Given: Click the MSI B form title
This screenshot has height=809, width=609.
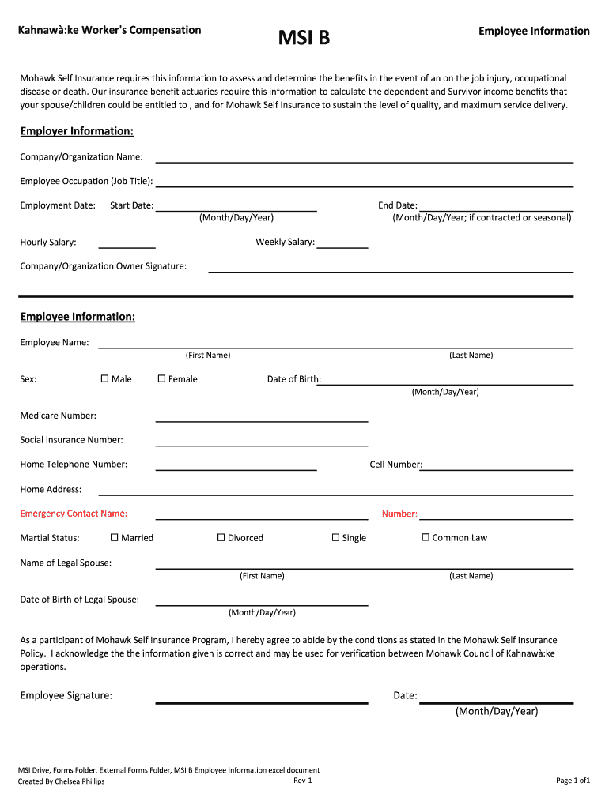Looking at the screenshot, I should pos(304,36).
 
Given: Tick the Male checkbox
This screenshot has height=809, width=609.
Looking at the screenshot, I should pos(105,378).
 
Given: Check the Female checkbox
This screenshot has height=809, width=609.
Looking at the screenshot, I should pos(162,378).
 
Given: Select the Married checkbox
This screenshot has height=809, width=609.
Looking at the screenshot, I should pos(115,537).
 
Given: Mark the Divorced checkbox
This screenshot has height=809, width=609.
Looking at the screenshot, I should pos(221,537).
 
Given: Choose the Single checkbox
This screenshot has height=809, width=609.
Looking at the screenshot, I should pos(336,537).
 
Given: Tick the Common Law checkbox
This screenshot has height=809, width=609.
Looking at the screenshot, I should pos(426,537).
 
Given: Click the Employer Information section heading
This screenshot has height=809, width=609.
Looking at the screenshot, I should pos(77,130).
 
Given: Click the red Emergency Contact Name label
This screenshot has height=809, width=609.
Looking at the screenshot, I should pos(74,514).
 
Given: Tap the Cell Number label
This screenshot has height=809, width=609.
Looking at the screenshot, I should pos(395,464).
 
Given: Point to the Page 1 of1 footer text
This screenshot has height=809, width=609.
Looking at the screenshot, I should pos(573,781).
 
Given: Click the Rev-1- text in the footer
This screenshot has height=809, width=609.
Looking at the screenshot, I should pos(304,781).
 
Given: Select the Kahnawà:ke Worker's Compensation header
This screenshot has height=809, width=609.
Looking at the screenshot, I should pos(111,30).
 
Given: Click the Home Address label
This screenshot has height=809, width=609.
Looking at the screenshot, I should pos(51,489).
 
